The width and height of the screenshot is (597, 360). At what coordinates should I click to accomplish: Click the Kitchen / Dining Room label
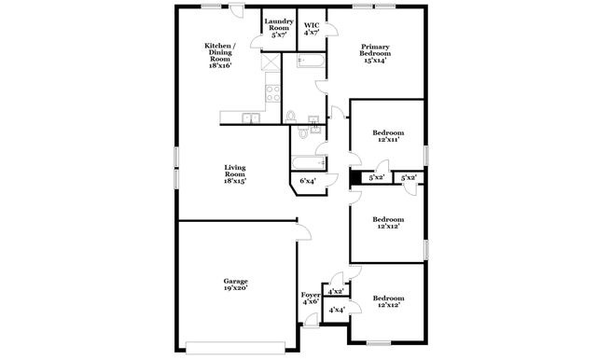pos(220,55)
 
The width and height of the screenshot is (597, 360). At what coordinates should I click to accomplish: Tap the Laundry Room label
pos(278,27)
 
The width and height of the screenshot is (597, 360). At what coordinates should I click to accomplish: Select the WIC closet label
pos(311,27)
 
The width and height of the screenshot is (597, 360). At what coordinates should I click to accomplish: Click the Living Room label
pos(234,174)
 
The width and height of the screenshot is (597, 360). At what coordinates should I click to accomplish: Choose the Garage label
pos(234,284)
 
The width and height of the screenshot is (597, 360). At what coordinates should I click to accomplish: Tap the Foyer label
pos(311,298)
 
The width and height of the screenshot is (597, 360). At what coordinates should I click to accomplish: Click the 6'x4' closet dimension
pos(308,181)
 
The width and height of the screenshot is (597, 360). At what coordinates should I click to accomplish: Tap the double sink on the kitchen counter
pos(252,118)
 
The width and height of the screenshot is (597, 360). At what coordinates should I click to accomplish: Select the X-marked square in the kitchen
pos(269,64)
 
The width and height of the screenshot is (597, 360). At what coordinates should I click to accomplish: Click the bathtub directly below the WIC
pos(311,63)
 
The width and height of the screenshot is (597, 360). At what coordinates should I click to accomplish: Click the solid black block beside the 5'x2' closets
pos(355,177)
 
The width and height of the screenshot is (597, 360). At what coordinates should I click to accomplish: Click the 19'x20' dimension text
pos(234,290)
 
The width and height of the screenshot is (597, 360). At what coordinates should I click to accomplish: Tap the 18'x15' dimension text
pos(234,181)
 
